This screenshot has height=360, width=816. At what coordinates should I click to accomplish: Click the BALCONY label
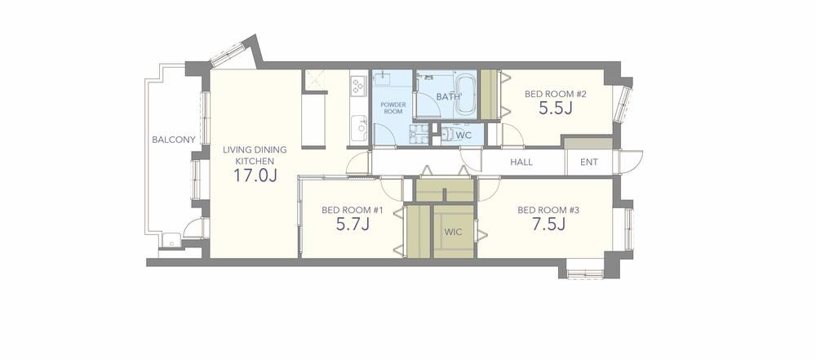coord(174,140)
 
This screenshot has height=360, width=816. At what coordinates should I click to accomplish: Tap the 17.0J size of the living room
coord(255,176)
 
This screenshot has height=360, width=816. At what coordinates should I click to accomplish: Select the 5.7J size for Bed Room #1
coord(353,224)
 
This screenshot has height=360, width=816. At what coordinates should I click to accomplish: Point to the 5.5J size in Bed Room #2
coord(556,109)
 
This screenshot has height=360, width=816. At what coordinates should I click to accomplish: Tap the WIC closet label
coord(453,231)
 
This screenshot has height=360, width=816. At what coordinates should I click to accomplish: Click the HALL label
coord(521,162)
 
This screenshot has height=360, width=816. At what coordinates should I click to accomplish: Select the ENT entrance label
coord(589,162)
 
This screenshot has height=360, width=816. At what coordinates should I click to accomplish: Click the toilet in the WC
coord(446,135)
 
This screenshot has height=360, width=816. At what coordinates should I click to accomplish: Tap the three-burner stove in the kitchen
coord(358,85)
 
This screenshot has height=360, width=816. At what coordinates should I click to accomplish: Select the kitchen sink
coord(359,128)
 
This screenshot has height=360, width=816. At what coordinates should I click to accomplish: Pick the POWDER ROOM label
coord(393,108)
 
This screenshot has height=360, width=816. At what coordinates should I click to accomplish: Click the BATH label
coord(447,97)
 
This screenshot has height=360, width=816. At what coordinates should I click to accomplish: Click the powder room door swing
coord(384,135)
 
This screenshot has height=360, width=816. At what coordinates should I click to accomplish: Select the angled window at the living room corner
coord(228,54)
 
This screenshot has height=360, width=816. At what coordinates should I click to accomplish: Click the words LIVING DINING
coord(255,149)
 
